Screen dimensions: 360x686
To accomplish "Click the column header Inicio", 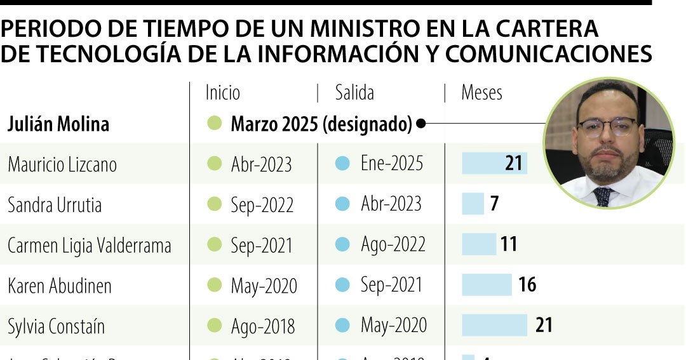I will point(223,93).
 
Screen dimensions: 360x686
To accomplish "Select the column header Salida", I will point(354,93).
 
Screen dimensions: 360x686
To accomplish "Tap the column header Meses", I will point(481,93).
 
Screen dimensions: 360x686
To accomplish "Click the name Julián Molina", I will point(58,124).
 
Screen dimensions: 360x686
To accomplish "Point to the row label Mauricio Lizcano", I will point(62,164).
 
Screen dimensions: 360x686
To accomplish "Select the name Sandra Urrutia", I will point(55,204).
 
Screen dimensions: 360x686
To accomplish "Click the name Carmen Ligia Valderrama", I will point(90,245).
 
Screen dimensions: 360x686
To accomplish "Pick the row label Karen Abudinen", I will point(60,286).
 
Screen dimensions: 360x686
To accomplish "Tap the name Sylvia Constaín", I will point(57,326).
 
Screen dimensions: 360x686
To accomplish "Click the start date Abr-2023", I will point(261,164).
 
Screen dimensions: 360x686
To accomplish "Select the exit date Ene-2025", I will point(391,163).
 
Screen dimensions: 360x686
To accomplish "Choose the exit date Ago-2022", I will point(392,244).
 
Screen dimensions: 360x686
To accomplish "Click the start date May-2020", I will point(264,286).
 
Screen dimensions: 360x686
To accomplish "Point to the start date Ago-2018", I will point(262,326).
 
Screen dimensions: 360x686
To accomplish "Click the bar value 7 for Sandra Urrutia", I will point(494,204).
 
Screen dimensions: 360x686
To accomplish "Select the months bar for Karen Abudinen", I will point(487,284).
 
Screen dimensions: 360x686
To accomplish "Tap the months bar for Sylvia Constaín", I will point(494,325).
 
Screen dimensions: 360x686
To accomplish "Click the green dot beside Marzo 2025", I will point(215,124).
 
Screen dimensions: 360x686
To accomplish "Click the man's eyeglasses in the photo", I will point(607,127).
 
